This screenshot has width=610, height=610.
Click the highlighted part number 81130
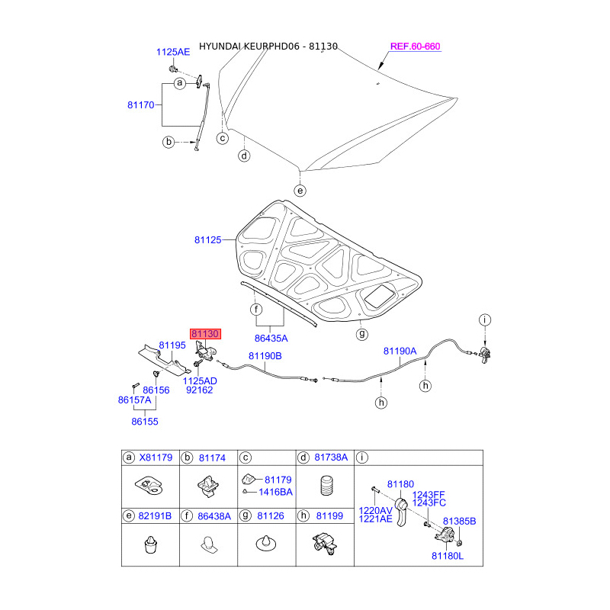tap(205, 334)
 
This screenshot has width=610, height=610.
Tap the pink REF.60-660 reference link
tap(415, 47)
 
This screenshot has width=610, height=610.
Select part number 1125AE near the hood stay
tap(173, 52)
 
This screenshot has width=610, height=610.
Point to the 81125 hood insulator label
tap(207, 239)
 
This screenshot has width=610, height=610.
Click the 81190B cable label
tap(265, 356)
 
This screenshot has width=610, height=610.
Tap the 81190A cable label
tap(400, 351)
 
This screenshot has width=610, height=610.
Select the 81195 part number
tap(172, 345)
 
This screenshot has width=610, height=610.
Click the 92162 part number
tap(199, 390)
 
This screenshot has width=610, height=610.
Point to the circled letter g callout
tap(362, 333)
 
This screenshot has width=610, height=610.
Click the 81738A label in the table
tap(332, 457)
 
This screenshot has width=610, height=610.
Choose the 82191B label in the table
tap(154, 516)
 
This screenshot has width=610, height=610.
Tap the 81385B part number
tap(459, 521)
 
